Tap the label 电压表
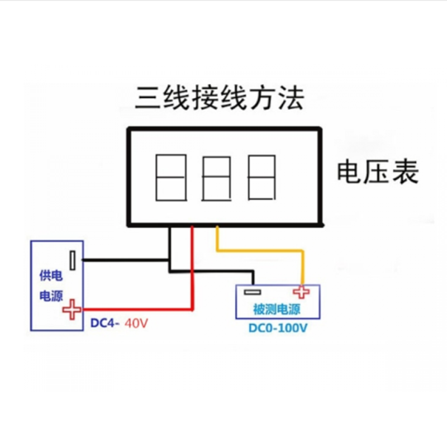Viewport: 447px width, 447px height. point(377,173)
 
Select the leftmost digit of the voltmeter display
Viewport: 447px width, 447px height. point(170,178)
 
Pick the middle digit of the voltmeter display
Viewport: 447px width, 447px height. point(216,178)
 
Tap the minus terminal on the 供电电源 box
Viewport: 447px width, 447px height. point(73,260)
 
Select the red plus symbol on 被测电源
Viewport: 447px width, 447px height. point(302,292)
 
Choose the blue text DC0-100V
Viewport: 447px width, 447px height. point(278,328)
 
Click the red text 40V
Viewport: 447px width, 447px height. point(137,323)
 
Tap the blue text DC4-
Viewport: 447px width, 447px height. point(105,323)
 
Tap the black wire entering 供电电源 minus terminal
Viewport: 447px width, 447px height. point(123,260)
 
